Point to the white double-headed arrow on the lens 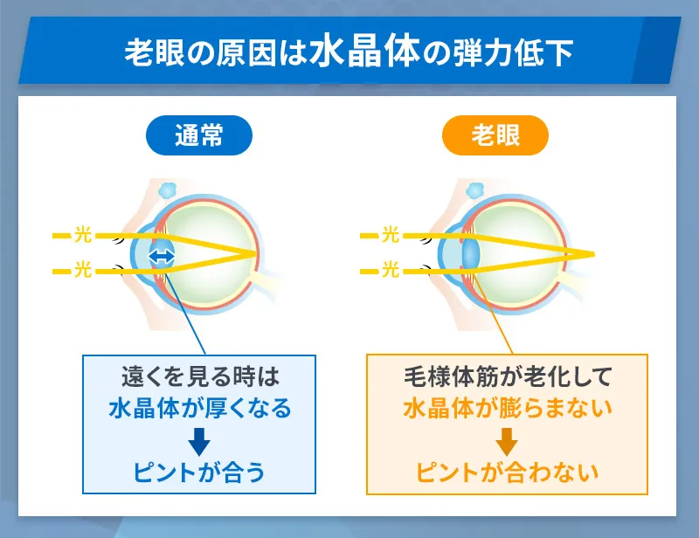click(162, 256)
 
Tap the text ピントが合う click(199, 472)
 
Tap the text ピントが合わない click(507, 472)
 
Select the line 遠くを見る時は click(199, 377)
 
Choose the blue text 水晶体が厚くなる click(199, 408)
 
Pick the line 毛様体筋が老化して click(507, 377)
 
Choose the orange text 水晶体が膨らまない click(507, 408)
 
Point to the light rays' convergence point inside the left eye click(259, 254)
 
